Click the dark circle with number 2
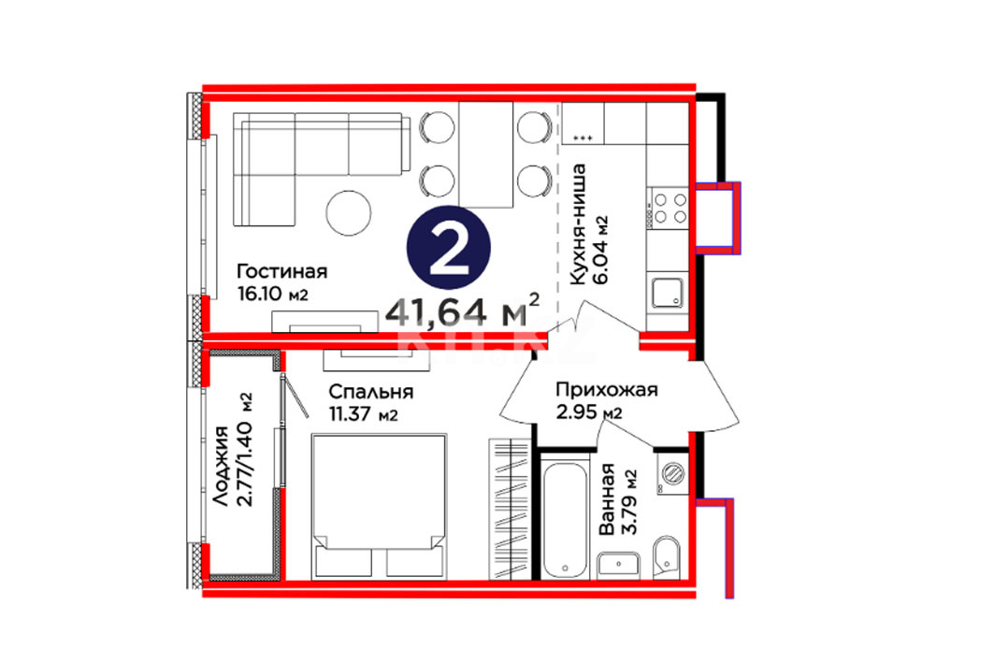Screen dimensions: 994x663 (x=449, y=248)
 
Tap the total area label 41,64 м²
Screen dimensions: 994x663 (x=463, y=310)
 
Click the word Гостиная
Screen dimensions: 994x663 (x=282, y=271)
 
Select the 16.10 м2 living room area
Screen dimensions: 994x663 (x=273, y=295)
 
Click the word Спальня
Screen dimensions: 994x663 (x=371, y=392)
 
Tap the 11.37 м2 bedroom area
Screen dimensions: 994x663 (x=363, y=414)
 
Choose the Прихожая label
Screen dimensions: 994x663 (x=607, y=389)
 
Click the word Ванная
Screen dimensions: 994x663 (x=607, y=499)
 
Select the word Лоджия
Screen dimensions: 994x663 (x=220, y=466)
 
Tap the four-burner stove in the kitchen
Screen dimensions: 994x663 (x=668, y=208)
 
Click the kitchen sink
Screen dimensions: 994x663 (x=668, y=292)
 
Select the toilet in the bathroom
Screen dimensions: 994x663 (x=667, y=557)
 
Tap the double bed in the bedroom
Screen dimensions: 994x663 (x=379, y=506)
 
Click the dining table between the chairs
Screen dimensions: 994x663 (x=485, y=154)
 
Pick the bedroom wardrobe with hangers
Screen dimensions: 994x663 (x=510, y=509)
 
